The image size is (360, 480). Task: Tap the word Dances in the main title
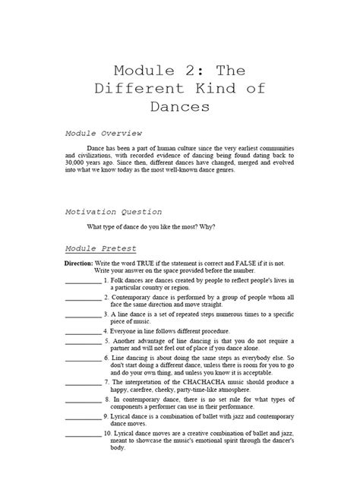179,106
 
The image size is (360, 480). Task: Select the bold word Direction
77,263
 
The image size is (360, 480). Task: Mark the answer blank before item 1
83,282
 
